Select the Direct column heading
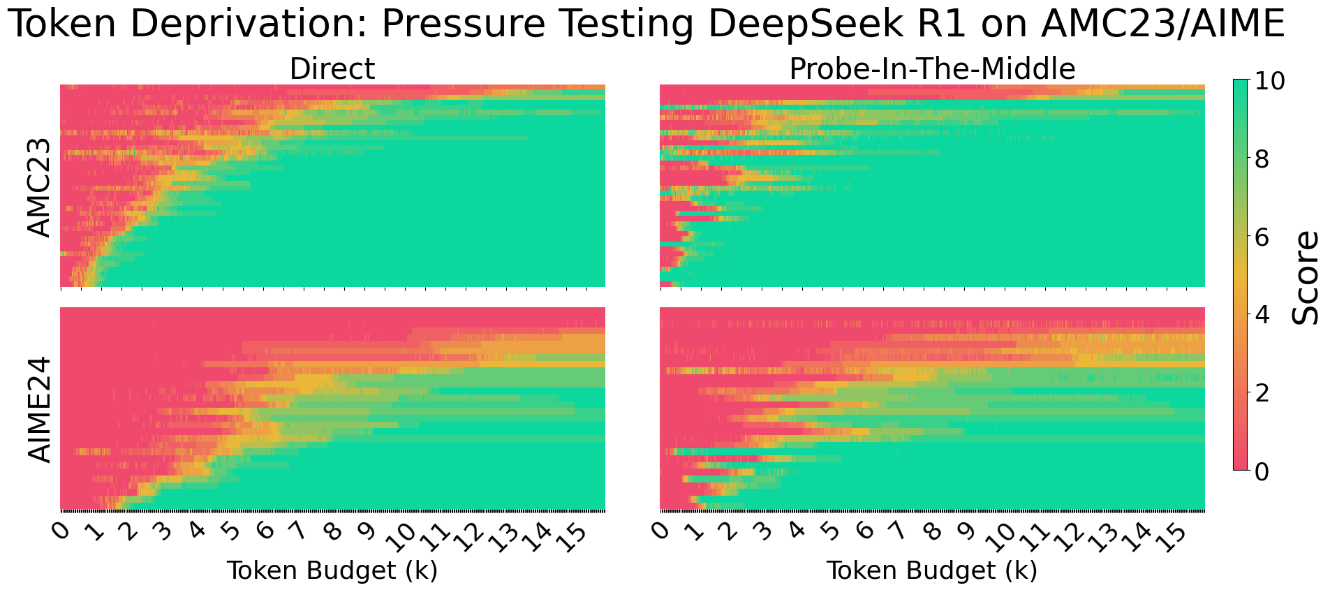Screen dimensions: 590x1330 point(332,69)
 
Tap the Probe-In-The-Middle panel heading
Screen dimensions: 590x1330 point(932,69)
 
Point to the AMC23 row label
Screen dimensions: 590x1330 point(40,187)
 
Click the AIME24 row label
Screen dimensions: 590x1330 point(40,409)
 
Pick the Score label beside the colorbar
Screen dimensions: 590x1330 point(1304,277)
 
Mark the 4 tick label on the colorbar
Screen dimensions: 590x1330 point(1262,316)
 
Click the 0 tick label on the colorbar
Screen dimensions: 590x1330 point(1262,472)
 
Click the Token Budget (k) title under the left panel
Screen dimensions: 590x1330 point(332,571)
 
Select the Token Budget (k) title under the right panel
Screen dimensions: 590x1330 point(932,571)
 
